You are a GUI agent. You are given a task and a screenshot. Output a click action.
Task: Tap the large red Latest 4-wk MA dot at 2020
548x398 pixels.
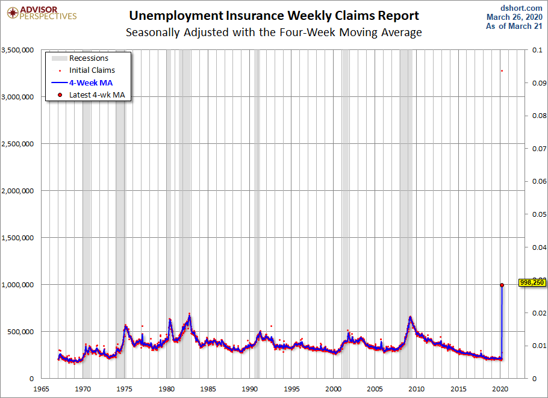point(502,285)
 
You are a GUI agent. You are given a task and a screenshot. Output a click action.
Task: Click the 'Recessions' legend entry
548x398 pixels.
point(89,58)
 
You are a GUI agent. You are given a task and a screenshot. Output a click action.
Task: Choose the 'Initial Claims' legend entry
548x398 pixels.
point(92,70)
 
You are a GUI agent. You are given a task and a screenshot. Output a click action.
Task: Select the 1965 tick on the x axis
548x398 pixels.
point(42,388)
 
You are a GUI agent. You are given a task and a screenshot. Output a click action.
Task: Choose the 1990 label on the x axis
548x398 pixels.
point(250,388)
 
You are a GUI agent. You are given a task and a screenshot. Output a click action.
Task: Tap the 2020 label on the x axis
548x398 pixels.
point(500,388)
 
